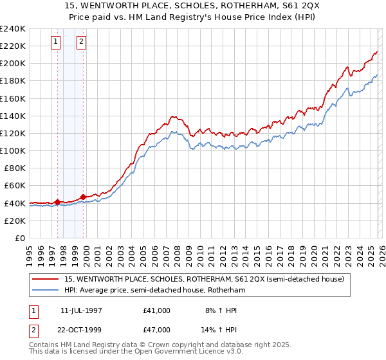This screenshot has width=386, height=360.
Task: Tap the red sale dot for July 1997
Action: tap(57, 202)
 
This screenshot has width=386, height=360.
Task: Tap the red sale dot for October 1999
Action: tap(83, 197)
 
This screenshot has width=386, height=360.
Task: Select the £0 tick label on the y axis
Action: tap(20, 238)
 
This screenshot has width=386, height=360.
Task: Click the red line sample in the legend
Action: tap(46, 279)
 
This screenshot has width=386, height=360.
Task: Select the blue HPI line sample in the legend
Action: tap(46, 290)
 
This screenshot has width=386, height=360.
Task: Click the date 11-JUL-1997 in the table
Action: tap(82, 310)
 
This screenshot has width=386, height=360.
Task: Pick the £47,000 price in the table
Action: tap(157, 329)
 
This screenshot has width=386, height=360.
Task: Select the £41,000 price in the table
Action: tap(157, 310)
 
